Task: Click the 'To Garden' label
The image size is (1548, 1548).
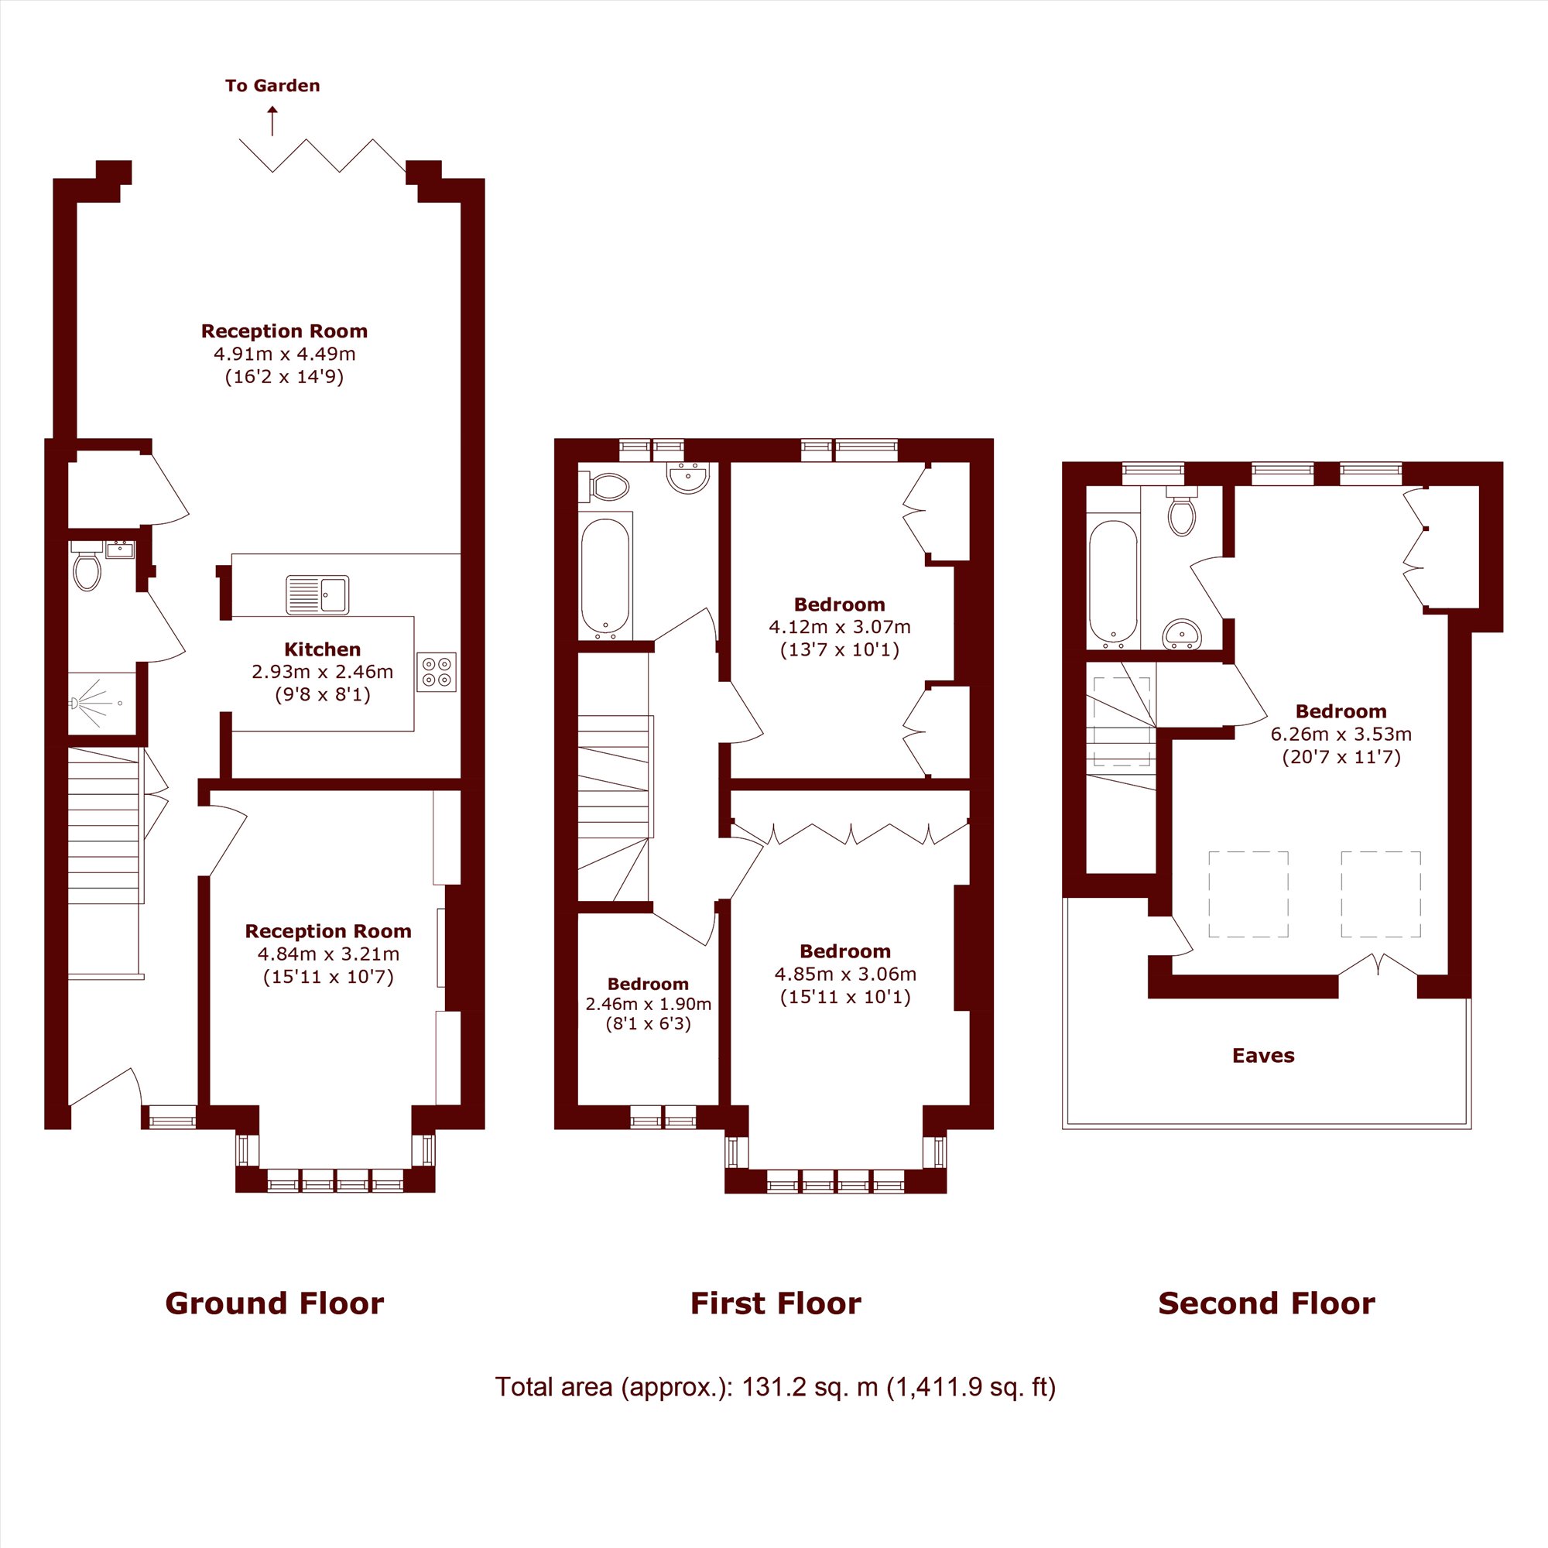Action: point(272,86)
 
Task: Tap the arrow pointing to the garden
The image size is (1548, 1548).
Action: point(272,120)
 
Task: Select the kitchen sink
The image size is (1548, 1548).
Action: point(317,594)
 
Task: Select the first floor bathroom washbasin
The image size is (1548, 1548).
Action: point(688,478)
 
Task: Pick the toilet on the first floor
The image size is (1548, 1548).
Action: point(609,485)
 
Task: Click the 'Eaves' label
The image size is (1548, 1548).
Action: point(1264,1056)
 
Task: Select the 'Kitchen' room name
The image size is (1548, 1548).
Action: point(323,650)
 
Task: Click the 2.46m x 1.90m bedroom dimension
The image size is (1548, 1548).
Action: point(648,1004)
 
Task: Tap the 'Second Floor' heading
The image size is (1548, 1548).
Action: point(1267,1303)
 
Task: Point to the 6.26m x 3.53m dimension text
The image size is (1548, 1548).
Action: point(1341,734)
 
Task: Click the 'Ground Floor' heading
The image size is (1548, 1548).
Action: point(275,1303)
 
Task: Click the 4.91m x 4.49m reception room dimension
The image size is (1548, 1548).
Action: point(284,354)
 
